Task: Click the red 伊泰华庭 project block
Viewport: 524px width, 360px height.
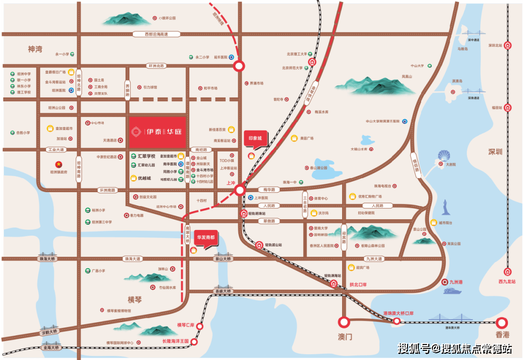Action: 157,132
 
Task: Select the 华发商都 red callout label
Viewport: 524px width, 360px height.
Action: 206,239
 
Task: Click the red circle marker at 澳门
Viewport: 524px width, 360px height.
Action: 344,322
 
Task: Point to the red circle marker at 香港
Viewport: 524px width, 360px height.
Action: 502,322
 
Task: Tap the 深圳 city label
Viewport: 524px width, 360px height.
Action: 495,152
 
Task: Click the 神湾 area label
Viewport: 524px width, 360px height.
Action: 35,49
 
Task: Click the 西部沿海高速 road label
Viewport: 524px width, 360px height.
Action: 156,34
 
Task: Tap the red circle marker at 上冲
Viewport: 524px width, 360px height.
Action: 240,191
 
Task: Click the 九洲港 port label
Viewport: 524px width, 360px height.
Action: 458,282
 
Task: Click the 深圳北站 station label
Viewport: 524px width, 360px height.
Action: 495,45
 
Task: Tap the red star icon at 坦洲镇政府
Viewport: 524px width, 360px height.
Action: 59,164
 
